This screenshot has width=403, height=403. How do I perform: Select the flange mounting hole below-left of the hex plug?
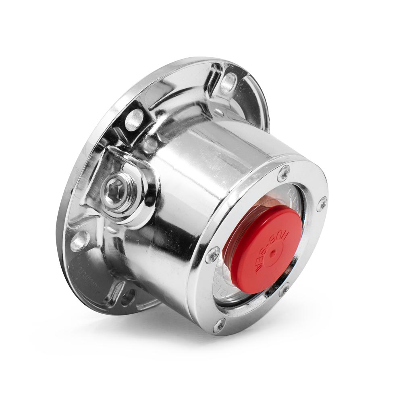[79, 241]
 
